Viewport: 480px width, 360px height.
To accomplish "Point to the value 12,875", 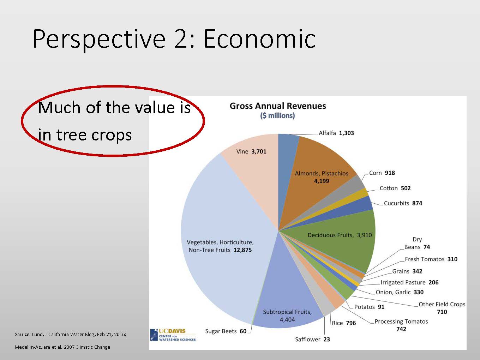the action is [x=242, y=250].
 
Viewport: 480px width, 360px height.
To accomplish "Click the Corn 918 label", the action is [x=382, y=173].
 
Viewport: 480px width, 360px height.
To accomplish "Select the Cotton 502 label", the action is [x=395, y=188].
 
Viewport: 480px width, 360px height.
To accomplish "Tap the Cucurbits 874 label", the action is [x=403, y=203].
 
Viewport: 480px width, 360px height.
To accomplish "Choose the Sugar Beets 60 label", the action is [x=226, y=331].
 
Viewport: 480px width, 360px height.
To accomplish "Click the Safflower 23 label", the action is [x=312, y=339].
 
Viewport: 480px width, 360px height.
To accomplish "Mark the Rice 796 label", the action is [x=344, y=323].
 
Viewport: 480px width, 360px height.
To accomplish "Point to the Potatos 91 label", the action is [x=369, y=307].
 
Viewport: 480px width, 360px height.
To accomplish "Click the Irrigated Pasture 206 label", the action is [x=409, y=282].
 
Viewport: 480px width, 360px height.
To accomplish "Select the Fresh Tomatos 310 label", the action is [x=431, y=259].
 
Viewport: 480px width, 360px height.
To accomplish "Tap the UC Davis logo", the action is [x=173, y=335].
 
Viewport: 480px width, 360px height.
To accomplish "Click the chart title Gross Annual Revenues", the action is [x=278, y=106].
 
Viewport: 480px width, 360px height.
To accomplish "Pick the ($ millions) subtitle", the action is [x=277, y=116].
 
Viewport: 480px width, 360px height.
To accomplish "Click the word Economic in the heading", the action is [x=260, y=39].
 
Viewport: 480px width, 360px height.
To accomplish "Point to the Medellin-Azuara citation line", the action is [x=62, y=347].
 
